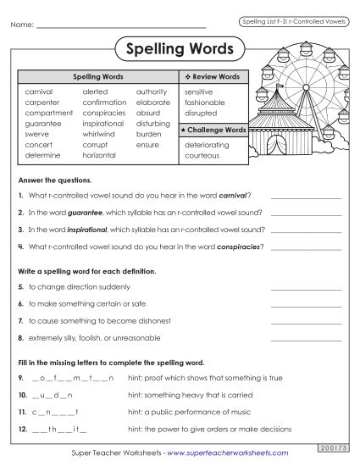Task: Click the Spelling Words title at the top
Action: [x=179, y=49]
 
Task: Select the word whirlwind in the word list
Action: [x=98, y=134]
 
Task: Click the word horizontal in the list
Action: [x=99, y=156]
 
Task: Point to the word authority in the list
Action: [x=152, y=91]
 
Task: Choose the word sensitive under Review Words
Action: [x=198, y=91]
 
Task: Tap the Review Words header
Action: [x=214, y=76]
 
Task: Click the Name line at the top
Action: [x=122, y=25]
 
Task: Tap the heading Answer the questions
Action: [x=54, y=180]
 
